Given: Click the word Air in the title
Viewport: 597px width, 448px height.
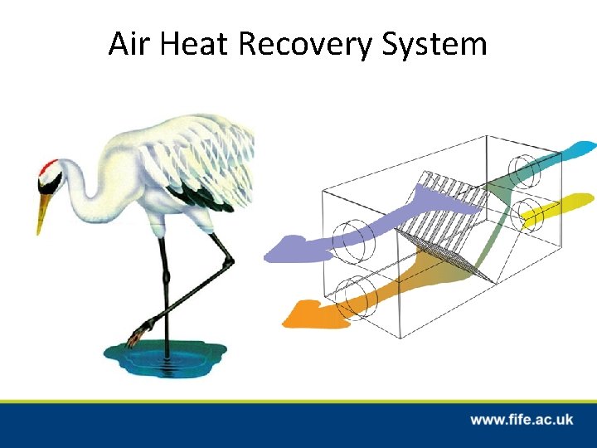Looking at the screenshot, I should click(128, 43).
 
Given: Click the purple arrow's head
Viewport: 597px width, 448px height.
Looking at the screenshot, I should click(282, 249).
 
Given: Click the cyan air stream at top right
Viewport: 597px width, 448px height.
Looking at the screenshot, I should click(572, 150).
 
